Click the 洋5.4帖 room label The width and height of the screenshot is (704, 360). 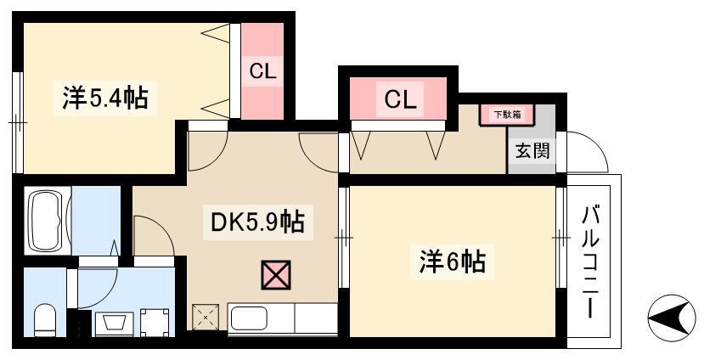point(105,98)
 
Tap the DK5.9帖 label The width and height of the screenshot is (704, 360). point(257,222)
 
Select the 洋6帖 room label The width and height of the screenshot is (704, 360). point(453,262)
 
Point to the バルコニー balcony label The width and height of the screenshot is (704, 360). point(590,262)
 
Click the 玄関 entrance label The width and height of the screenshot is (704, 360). point(532,150)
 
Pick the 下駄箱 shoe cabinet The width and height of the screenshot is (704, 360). point(507,115)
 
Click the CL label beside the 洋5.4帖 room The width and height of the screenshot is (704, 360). point(262,71)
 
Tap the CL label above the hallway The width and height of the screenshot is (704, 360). point(400,99)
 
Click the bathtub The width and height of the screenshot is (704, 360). point(48,220)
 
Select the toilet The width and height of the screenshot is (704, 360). point(44,319)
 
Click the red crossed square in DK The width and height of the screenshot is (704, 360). point(276,275)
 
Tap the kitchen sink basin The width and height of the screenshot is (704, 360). point(249,318)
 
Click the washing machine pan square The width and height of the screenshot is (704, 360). point(155,323)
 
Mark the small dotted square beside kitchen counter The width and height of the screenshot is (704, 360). point(206,318)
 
